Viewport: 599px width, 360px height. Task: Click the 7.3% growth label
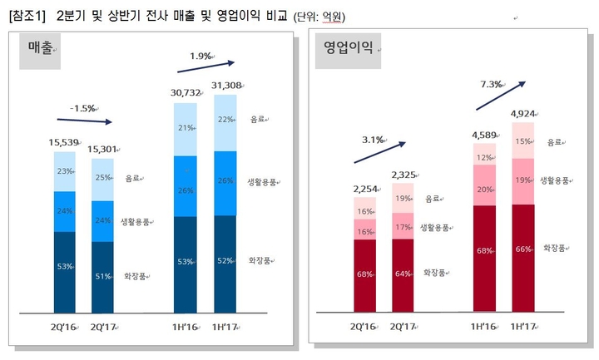point(493,84)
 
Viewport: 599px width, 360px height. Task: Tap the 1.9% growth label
point(200,56)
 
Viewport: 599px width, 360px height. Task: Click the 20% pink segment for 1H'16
point(484,190)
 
